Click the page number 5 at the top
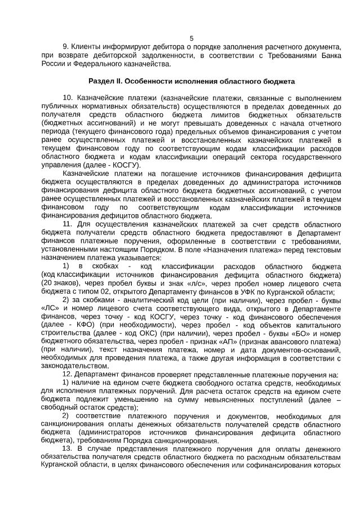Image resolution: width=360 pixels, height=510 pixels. click(x=192, y=38)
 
